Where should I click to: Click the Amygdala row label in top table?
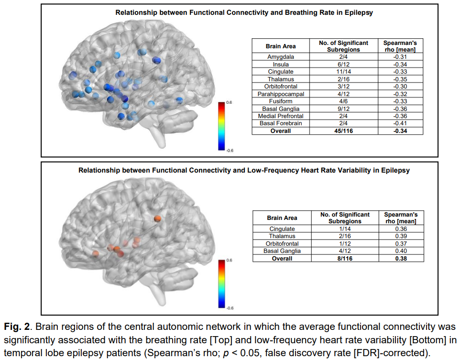(x=281, y=57)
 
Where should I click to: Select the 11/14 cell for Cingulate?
(x=343, y=72)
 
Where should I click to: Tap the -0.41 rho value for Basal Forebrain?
(x=400, y=123)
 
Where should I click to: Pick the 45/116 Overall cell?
(x=343, y=131)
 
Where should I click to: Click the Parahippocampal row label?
(x=281, y=94)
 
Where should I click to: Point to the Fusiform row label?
(x=281, y=101)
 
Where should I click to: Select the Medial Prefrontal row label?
(x=281, y=116)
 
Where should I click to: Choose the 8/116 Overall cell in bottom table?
(x=345, y=258)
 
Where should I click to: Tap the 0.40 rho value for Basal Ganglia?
(x=401, y=251)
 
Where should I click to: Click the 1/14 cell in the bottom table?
(x=345, y=229)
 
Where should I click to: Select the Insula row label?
(x=281, y=65)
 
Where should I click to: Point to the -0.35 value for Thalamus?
(x=400, y=79)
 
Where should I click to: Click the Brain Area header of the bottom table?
(x=282, y=218)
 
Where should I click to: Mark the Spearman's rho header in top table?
(x=400, y=46)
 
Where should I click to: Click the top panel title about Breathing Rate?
(x=244, y=13)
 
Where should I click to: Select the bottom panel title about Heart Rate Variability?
(x=244, y=170)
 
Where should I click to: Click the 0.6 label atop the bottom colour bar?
(x=229, y=260)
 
